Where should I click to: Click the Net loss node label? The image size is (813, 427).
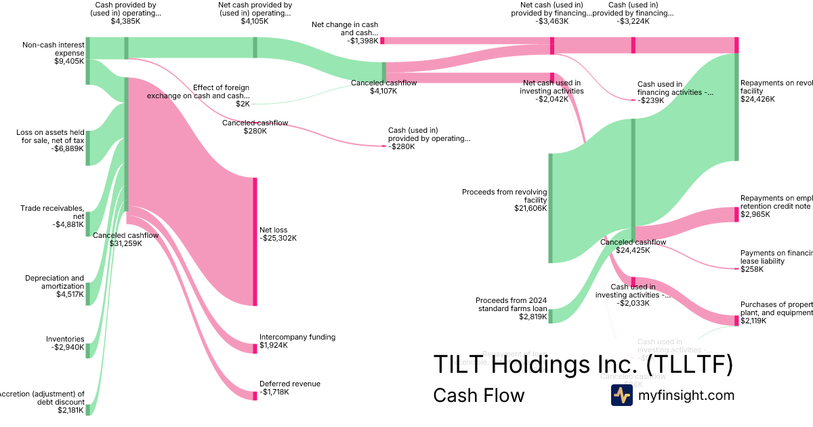[x=273, y=230]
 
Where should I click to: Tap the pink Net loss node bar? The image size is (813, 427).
[x=255, y=241]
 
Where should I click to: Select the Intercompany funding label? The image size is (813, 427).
[x=297, y=337]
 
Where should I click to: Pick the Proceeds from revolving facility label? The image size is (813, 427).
[x=504, y=196]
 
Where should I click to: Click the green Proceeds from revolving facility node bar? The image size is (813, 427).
[x=551, y=207]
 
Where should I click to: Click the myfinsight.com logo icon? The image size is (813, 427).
[x=622, y=395]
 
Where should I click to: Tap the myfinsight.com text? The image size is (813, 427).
[x=686, y=396]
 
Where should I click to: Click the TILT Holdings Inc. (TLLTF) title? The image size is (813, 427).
[x=583, y=365]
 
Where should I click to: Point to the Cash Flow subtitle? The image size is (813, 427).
[x=478, y=396]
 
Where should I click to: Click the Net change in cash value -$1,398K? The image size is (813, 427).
[x=362, y=41]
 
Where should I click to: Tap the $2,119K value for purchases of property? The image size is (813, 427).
[x=753, y=321]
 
